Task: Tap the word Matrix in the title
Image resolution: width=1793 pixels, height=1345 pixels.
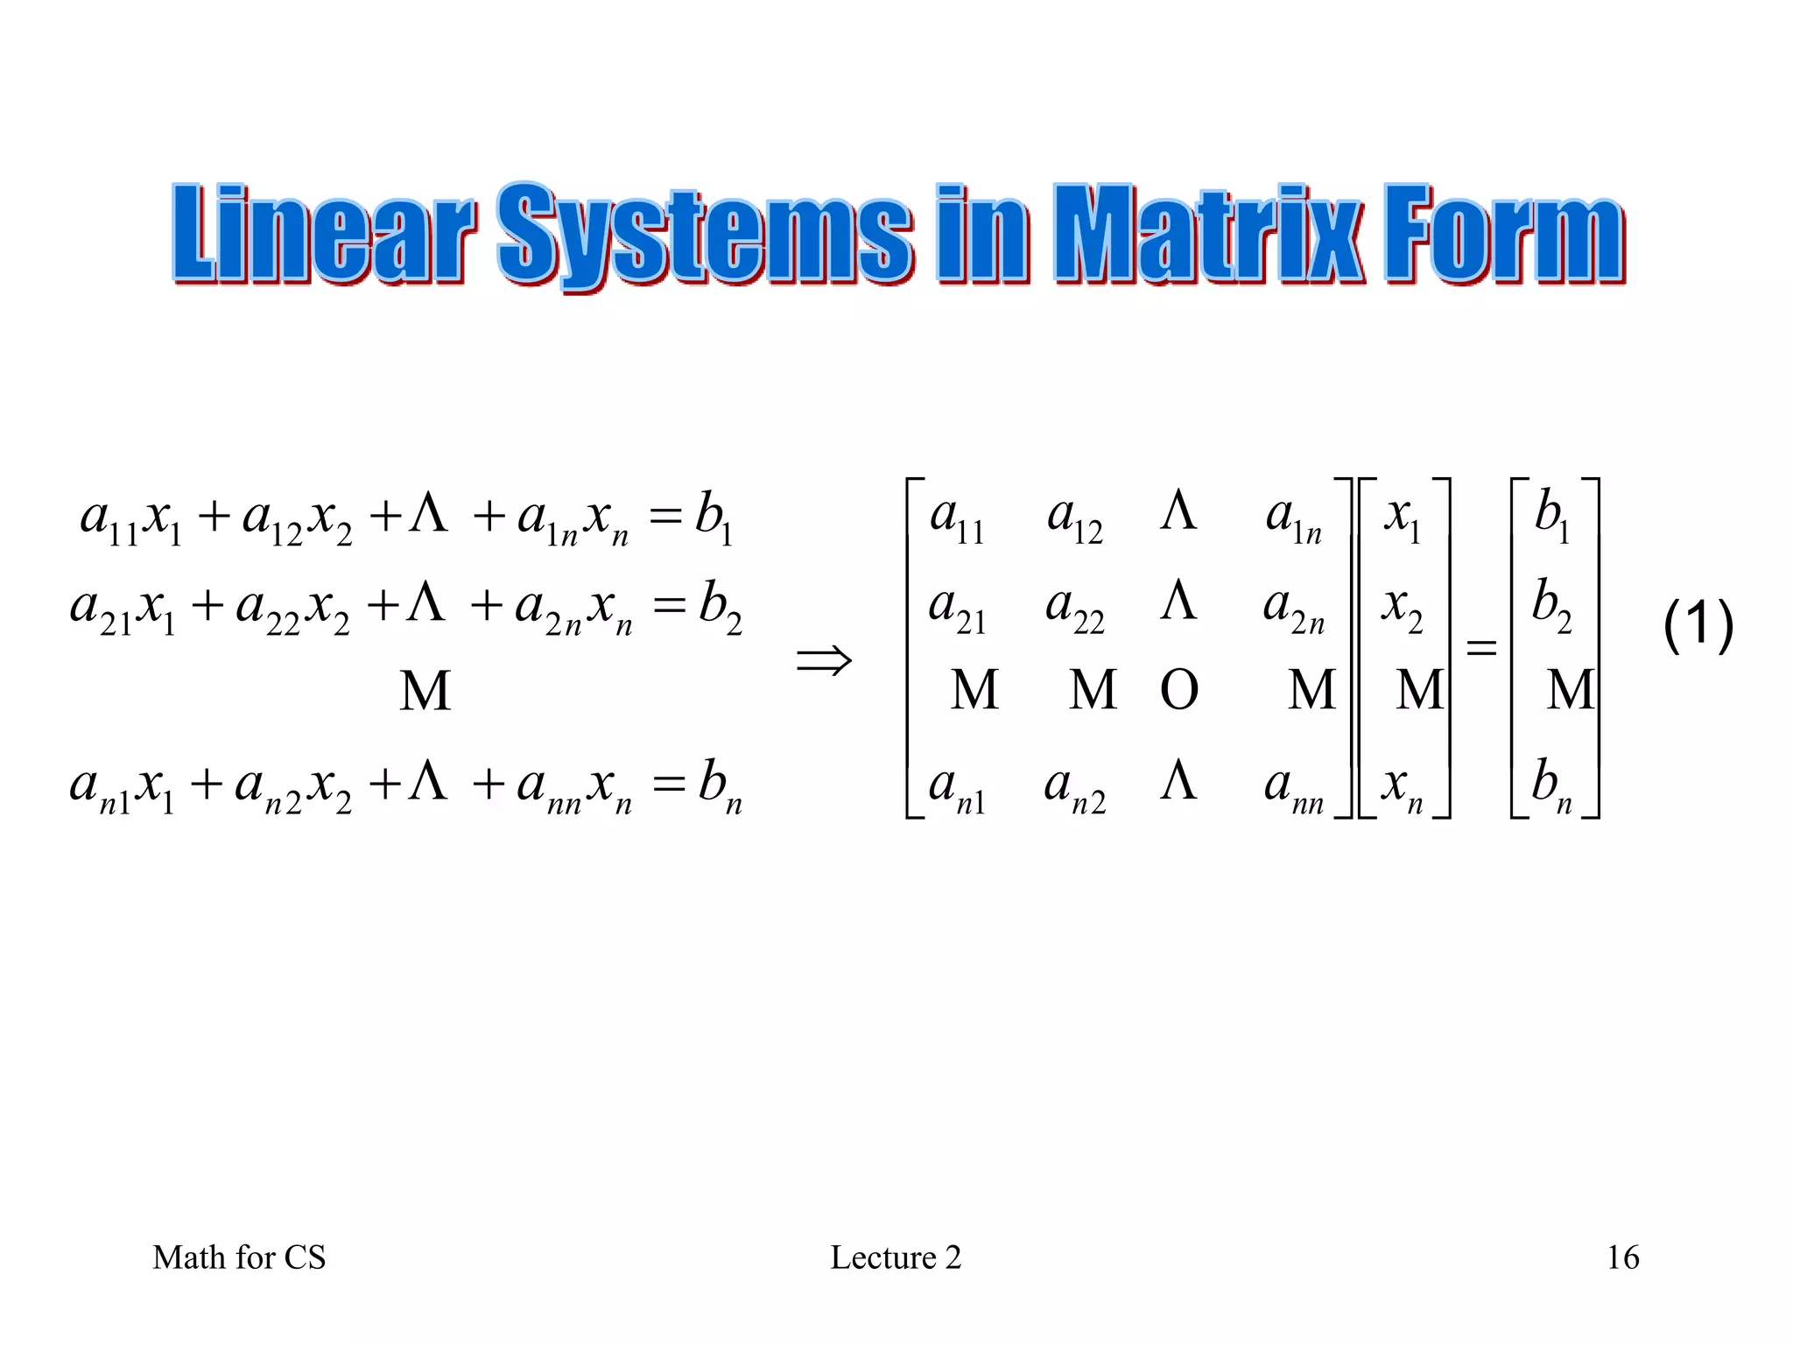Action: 1209,235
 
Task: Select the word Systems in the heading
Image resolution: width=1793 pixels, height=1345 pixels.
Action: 706,235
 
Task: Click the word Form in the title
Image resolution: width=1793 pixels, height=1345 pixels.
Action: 1504,235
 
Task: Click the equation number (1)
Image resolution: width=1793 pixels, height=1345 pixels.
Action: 1698,625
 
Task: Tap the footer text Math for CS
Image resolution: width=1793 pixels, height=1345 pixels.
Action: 239,1257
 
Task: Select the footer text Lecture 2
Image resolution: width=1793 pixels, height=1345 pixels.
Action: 896,1257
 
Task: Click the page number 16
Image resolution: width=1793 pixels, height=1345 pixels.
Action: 1622,1257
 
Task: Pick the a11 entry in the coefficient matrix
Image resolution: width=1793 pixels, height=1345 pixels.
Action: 957,518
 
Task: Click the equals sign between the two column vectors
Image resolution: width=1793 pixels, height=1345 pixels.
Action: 1480,648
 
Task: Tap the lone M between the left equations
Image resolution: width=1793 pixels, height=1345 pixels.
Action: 425,691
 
